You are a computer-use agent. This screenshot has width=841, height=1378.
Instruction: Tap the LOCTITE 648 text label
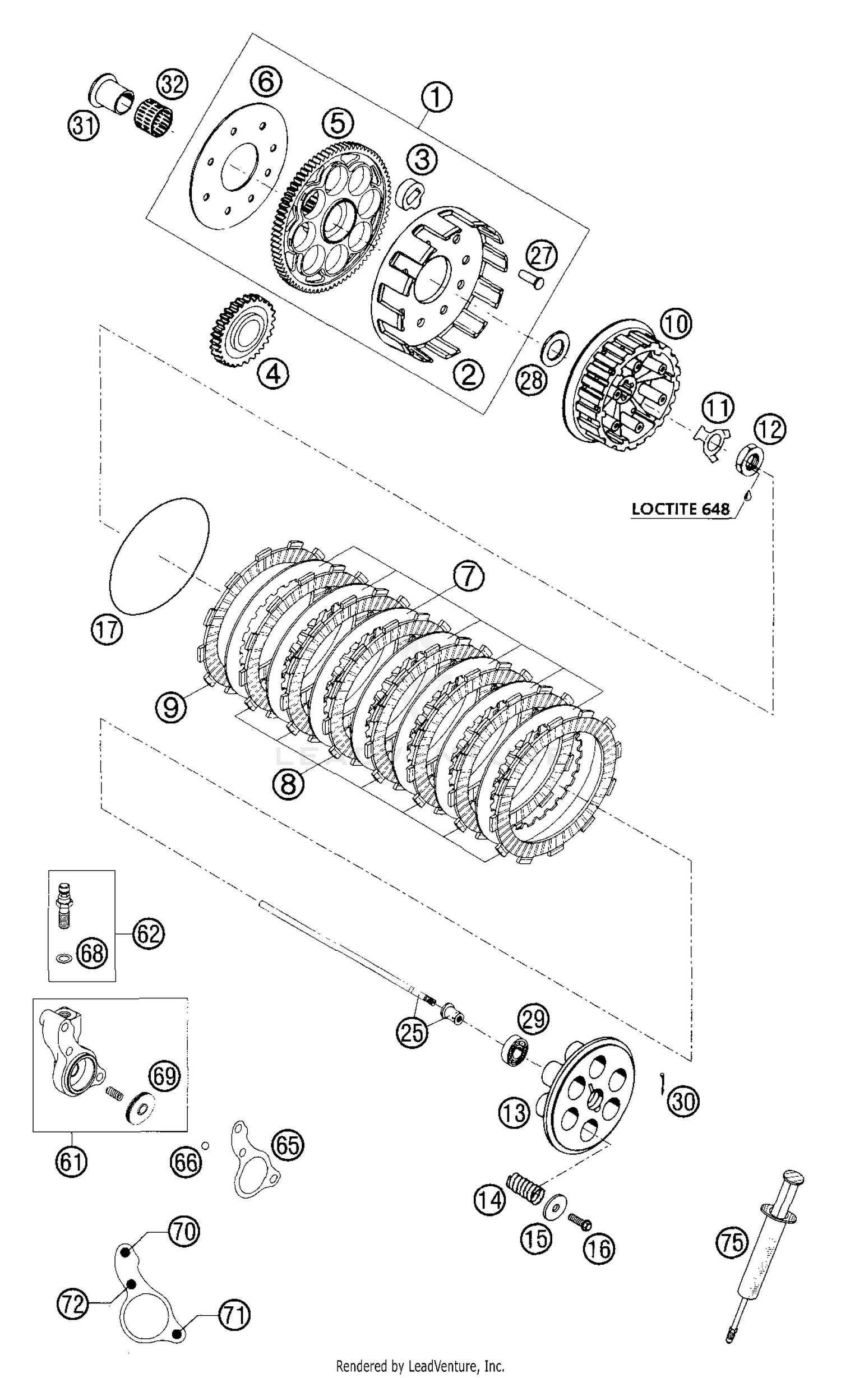(x=681, y=509)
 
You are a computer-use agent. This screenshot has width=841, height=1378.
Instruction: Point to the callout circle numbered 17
(x=107, y=630)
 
